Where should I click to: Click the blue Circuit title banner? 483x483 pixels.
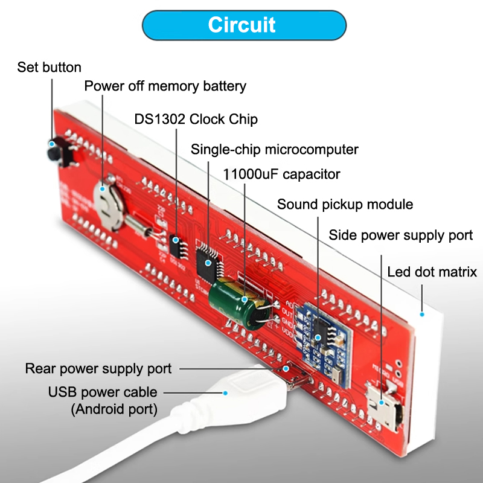pyautogui.click(x=241, y=25)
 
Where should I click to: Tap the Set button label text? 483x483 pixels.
pyautogui.click(x=49, y=67)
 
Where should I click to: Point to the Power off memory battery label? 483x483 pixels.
pyautogui.click(x=165, y=86)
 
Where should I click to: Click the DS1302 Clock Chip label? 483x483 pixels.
pyautogui.click(x=196, y=119)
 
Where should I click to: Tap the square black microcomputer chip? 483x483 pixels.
pyautogui.click(x=209, y=257)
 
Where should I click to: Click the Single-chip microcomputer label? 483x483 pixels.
pyautogui.click(x=275, y=149)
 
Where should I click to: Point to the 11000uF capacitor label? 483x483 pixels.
pyautogui.click(x=281, y=174)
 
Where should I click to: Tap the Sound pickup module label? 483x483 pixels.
pyautogui.click(x=345, y=204)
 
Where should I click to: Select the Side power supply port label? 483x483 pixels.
pyautogui.click(x=400, y=235)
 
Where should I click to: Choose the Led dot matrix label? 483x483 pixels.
pyautogui.click(x=432, y=272)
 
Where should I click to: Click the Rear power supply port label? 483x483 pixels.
pyautogui.click(x=98, y=368)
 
